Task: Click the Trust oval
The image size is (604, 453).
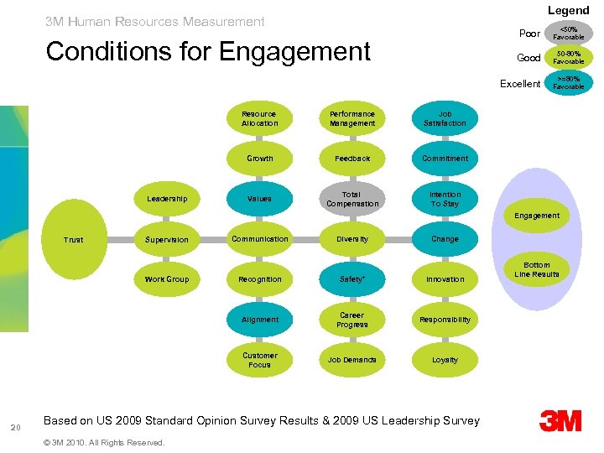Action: pyautogui.click(x=74, y=240)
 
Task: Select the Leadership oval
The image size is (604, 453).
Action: pyautogui.click(x=167, y=199)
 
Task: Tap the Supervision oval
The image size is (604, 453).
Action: pyautogui.click(x=167, y=240)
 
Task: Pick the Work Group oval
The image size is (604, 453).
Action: pyautogui.click(x=167, y=279)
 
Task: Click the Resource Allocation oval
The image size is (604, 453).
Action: pyautogui.click(x=259, y=118)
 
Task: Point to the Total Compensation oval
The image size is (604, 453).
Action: pyautogui.click(x=352, y=199)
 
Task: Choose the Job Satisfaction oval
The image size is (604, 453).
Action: pyautogui.click(x=445, y=118)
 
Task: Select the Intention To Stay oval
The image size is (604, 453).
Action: pyautogui.click(x=445, y=199)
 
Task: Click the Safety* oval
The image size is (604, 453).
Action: pyautogui.click(x=352, y=279)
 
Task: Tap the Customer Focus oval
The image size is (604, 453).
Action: pyautogui.click(x=259, y=360)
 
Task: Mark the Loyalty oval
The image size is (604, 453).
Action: pyautogui.click(x=445, y=360)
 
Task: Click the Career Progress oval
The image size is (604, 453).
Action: pyautogui.click(x=352, y=320)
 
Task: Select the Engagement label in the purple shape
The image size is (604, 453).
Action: pyautogui.click(x=537, y=216)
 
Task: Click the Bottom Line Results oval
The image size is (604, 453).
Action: pyautogui.click(x=537, y=269)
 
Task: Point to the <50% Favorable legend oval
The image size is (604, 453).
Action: pyautogui.click(x=568, y=34)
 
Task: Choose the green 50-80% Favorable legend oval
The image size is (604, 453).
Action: pyautogui.click(x=568, y=58)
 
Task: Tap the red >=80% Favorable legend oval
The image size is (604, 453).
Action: pyautogui.click(x=568, y=83)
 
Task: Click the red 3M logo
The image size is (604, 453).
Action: pyautogui.click(x=560, y=420)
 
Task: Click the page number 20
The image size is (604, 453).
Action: pyautogui.click(x=16, y=429)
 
